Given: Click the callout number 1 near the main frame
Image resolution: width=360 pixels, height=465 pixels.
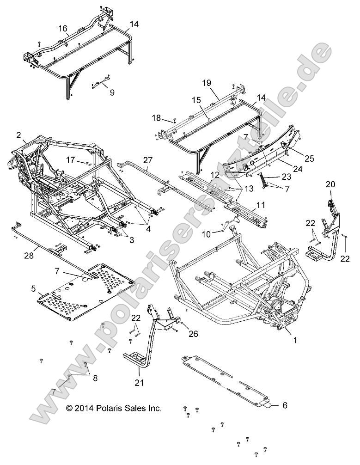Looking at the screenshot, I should click(295, 340).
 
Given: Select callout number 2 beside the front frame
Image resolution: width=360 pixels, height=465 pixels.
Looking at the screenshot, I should click(18, 135).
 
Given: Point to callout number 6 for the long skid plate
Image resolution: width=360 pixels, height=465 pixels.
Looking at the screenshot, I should click(285, 405).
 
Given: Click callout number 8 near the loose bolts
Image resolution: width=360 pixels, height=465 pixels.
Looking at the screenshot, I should click(95, 378).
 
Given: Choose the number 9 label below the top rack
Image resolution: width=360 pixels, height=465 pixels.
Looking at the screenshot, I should click(112, 92).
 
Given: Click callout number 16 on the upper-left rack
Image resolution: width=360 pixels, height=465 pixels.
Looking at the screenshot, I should click(62, 29).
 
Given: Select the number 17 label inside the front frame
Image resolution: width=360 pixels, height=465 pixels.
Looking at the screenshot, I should click(70, 160).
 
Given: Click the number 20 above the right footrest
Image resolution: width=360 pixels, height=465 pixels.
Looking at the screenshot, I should click(330, 184).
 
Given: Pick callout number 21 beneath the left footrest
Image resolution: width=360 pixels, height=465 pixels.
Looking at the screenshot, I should click(139, 382).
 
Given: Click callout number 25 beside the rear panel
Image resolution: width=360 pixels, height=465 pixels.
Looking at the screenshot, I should click(309, 159).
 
